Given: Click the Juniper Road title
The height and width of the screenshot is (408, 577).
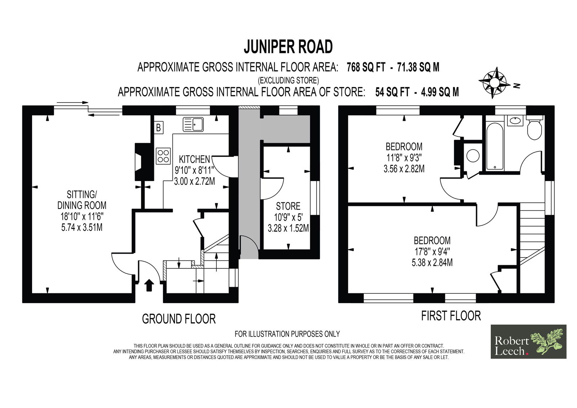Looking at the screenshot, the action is click(x=288, y=47).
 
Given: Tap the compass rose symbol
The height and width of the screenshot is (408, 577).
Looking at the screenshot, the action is click(x=494, y=83).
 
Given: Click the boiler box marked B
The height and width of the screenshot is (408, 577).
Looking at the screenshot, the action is click(x=159, y=128).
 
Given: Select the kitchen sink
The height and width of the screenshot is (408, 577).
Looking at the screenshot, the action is click(x=193, y=124).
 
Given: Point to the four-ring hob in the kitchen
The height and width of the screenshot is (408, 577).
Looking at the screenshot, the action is click(x=163, y=156).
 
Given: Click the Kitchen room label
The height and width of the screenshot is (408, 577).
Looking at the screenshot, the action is click(x=194, y=159).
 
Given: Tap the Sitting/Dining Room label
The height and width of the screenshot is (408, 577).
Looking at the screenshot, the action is click(x=82, y=199).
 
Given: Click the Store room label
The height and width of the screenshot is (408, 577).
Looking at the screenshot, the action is click(x=288, y=206).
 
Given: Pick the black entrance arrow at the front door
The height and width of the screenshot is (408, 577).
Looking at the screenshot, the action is click(x=149, y=285).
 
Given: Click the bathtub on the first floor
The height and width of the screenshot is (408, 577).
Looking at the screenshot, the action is click(x=495, y=146).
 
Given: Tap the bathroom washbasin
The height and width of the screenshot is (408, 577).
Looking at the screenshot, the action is click(x=515, y=120).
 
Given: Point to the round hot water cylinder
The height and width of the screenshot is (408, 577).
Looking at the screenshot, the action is click(x=473, y=156).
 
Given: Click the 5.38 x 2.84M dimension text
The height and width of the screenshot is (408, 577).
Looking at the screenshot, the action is click(x=432, y=263).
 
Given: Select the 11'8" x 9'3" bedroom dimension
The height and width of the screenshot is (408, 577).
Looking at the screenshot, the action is click(x=404, y=158).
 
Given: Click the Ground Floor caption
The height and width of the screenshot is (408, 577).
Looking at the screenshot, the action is click(x=179, y=319).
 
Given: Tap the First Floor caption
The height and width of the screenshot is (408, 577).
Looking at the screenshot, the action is click(x=451, y=316).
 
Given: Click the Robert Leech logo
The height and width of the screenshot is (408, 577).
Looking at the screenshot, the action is click(x=529, y=342).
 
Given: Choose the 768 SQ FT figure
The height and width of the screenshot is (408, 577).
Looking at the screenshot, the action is click(x=366, y=67).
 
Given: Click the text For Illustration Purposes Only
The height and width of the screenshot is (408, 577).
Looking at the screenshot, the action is click(x=287, y=334).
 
